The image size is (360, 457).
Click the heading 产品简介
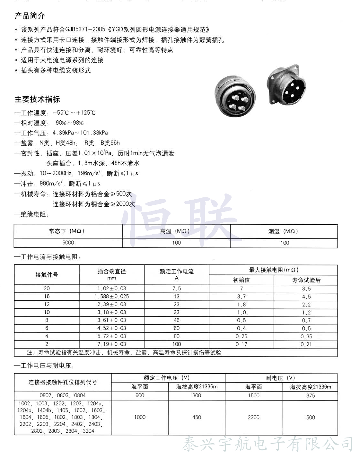pyautogui.click(x=30, y=16)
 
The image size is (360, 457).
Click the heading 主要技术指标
pyautogui.click(x=37, y=99)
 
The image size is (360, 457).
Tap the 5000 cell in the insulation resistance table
pyautogui.click(x=68, y=243)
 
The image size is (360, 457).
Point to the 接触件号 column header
pyautogui.click(x=47, y=275)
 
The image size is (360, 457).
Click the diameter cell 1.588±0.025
pyautogui.click(x=112, y=296)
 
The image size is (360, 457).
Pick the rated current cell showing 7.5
pyautogui.click(x=177, y=289)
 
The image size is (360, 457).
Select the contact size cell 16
pyautogui.click(x=47, y=296)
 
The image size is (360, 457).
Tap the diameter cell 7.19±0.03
pyautogui.click(x=112, y=344)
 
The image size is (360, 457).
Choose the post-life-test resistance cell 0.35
pyautogui.click(x=306, y=336)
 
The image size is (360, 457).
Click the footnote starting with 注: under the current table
pyautogui.click(x=124, y=352)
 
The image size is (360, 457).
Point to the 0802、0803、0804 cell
pyautogui.click(x=63, y=395)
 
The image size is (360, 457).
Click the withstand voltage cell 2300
pyautogui.click(x=253, y=417)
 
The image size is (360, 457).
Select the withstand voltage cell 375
pyautogui.click(x=311, y=395)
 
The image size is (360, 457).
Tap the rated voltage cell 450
pyautogui.click(x=197, y=417)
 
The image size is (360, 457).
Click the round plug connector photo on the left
pyautogui.click(x=235, y=96)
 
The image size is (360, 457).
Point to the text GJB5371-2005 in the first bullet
pyautogui.click(x=85, y=30)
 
